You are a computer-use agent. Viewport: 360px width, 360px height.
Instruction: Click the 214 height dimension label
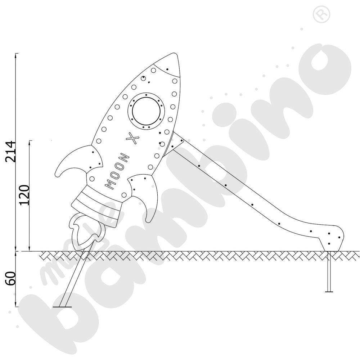tap(11, 151)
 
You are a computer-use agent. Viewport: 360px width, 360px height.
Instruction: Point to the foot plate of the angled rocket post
tap(62, 307)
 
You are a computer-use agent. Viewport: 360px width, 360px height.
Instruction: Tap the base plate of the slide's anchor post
tap(329, 291)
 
